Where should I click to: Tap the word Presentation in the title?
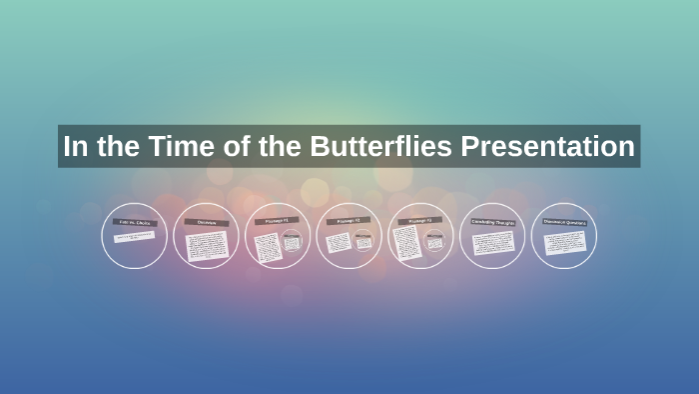click(547, 147)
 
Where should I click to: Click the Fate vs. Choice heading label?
click(134, 222)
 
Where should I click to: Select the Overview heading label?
click(206, 222)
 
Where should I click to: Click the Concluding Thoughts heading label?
click(491, 222)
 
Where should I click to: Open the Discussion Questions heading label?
click(563, 222)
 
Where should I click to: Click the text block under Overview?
click(207, 244)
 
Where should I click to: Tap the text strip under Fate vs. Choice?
click(134, 238)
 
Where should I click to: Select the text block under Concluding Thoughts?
click(491, 243)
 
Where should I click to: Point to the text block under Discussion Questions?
click(563, 242)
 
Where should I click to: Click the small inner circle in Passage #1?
click(292, 242)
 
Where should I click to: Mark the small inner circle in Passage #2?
click(362, 242)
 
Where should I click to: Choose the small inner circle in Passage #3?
click(434, 242)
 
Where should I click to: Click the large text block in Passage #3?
click(406, 243)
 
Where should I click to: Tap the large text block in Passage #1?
click(266, 246)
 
